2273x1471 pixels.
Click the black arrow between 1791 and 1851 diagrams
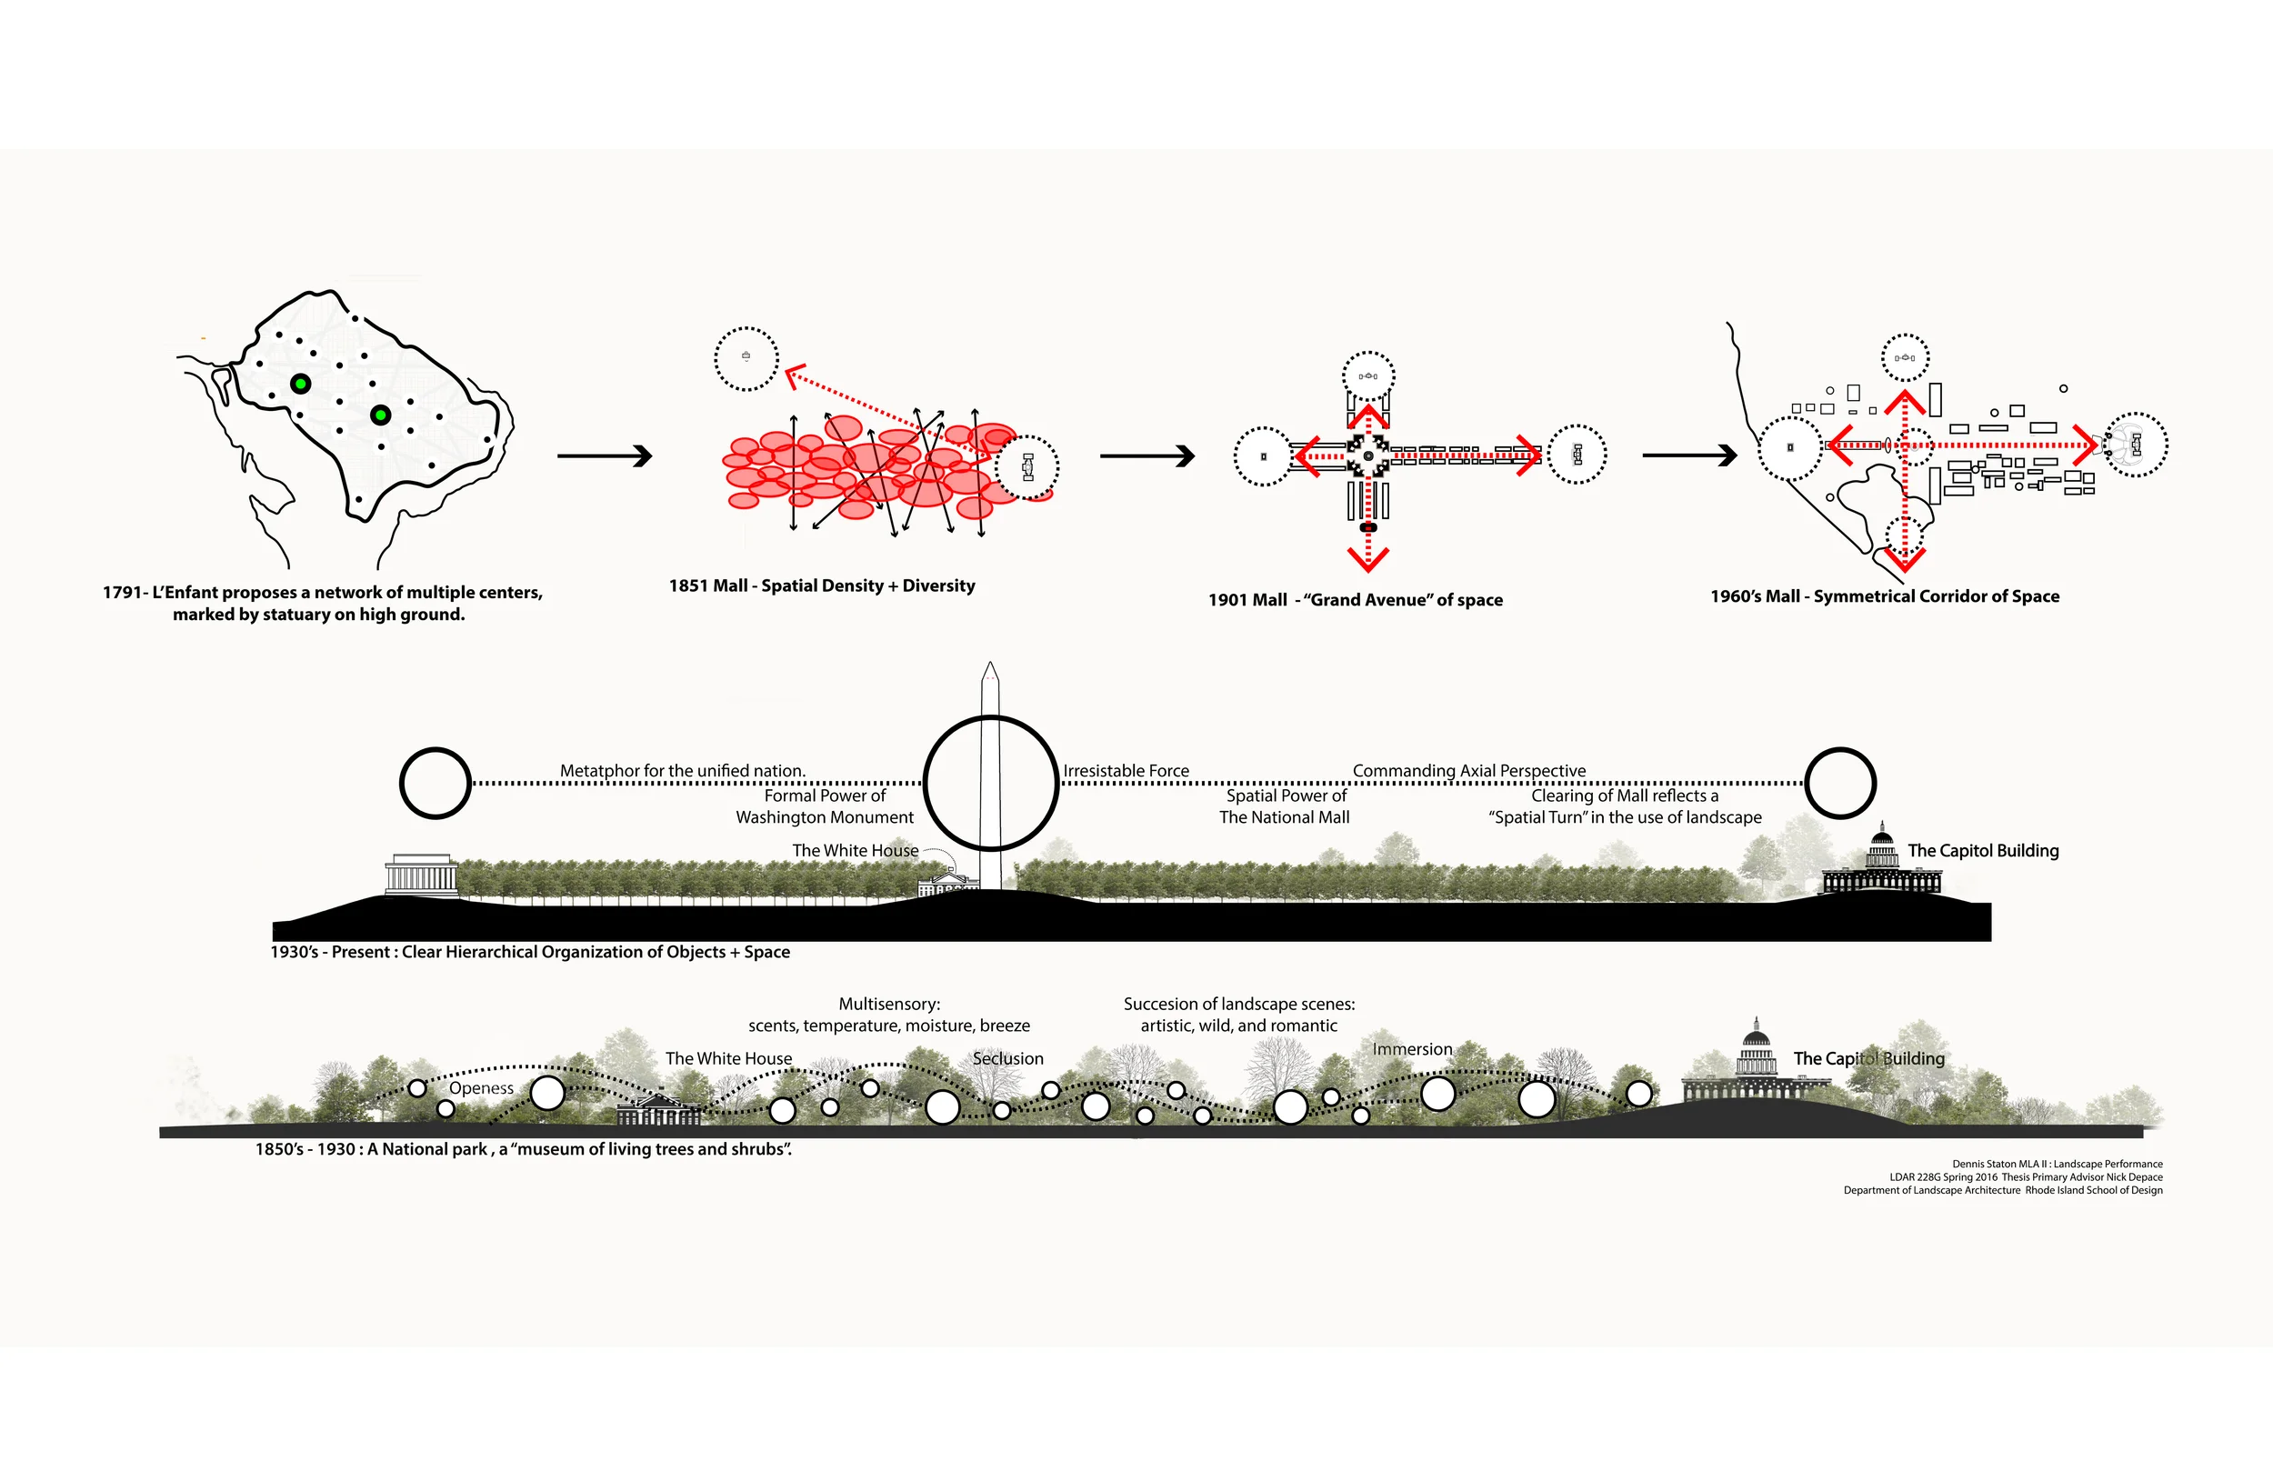tap(605, 456)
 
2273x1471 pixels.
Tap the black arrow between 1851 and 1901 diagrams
tap(1147, 456)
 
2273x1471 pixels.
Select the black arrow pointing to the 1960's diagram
tap(1688, 455)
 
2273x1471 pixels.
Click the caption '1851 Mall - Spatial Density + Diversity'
tap(821, 585)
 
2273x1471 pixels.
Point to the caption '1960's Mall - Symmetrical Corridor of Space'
tap(1884, 596)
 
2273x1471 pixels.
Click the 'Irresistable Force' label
tap(1126, 770)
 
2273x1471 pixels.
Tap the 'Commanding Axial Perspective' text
tap(1469, 770)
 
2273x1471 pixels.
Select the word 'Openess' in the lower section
tap(481, 1088)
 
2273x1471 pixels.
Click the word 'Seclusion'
tap(1007, 1058)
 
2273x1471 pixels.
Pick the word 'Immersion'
tap(1412, 1049)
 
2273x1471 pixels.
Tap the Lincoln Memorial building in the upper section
tap(421, 874)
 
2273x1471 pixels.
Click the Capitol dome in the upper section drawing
tap(1882, 846)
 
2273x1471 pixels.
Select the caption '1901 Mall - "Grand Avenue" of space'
tap(1356, 600)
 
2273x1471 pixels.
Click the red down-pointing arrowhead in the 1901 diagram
tap(1368, 558)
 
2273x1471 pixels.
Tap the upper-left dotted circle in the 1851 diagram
tap(746, 358)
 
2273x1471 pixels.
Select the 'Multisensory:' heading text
tap(889, 1004)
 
